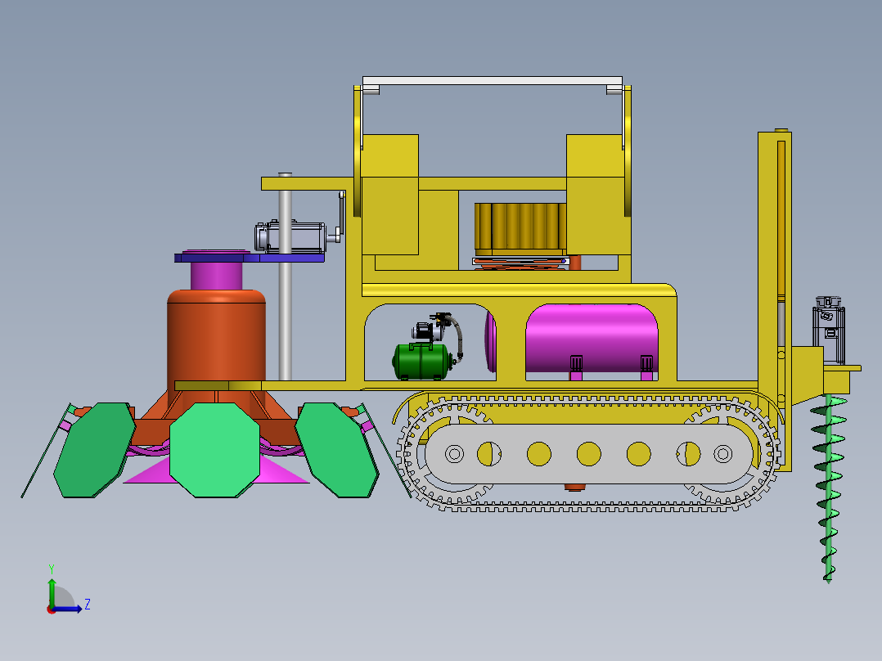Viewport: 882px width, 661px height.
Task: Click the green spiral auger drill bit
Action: pos(828,488)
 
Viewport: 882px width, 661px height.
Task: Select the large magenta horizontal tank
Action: pos(592,338)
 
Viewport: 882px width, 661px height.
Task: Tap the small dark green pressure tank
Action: pos(422,361)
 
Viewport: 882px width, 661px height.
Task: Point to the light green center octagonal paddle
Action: pos(215,449)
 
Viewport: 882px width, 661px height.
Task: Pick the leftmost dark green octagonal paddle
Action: pos(95,449)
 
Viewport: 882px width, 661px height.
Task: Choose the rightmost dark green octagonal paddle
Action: pos(337,449)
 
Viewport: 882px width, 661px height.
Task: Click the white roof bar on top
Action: pos(493,81)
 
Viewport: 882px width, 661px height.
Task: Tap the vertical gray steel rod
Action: pos(286,277)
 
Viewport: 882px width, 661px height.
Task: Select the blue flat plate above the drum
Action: pos(250,258)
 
